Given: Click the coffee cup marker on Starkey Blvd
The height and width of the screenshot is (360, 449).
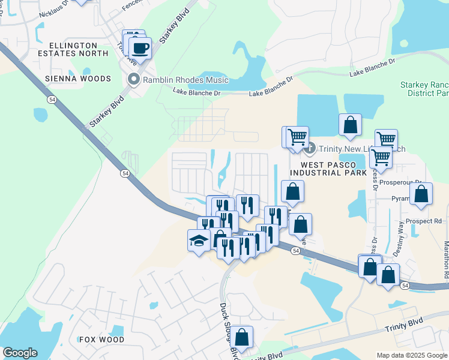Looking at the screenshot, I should (140, 47).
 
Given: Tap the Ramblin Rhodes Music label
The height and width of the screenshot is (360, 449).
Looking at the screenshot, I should (185, 80).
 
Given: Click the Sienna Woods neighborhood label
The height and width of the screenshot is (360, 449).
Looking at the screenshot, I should (77, 79).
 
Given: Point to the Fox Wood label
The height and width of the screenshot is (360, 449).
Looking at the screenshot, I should (101, 340).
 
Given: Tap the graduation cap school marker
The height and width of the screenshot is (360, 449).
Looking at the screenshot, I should (199, 241).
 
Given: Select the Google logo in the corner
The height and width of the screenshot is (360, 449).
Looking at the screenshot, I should (20, 353).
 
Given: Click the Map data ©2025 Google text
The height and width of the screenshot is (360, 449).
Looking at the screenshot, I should (411, 355).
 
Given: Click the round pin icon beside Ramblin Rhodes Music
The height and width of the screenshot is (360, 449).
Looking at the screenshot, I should (133, 80).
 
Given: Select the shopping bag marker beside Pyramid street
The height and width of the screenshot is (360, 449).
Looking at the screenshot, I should (421, 194).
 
